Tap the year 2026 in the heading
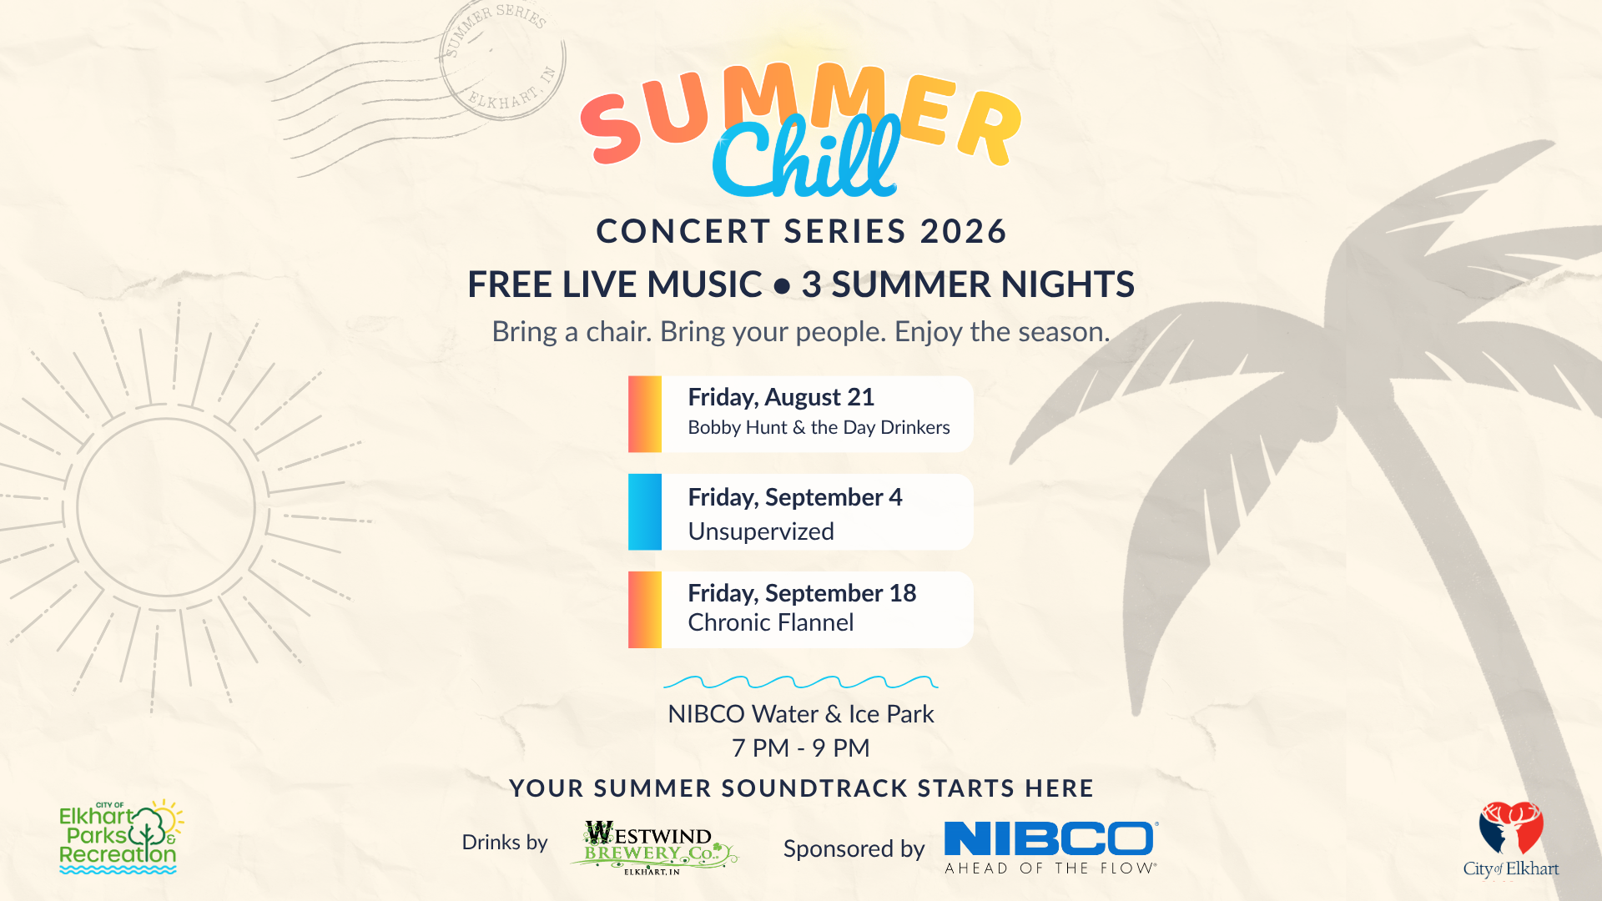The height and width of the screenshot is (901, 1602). tap(964, 231)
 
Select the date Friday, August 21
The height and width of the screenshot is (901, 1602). tap(781, 398)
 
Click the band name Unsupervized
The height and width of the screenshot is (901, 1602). tap(761, 531)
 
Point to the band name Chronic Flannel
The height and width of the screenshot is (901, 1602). tap(771, 622)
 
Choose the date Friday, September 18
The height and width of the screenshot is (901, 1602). tap(802, 593)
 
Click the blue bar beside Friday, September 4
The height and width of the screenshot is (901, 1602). tap(645, 511)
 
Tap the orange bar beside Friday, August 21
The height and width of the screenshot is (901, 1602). tap(645, 414)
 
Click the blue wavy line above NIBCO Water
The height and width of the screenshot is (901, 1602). tap(801, 682)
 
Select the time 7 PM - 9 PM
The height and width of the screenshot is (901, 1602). tap(801, 748)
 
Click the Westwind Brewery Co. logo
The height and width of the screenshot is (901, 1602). tap(653, 848)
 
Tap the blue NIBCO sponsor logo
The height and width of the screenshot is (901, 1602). tap(1051, 846)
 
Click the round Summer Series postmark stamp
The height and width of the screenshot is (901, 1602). tap(502, 59)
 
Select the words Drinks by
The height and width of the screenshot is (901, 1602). tap(505, 843)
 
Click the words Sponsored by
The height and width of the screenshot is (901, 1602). tap(854, 849)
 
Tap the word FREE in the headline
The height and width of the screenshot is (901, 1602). tap(511, 284)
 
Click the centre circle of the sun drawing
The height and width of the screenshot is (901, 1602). tap(166, 507)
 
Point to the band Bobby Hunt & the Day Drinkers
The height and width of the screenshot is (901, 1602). tap(819, 428)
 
